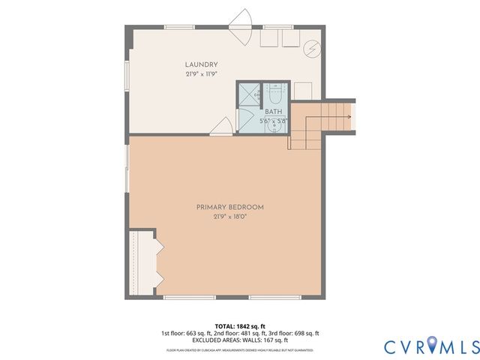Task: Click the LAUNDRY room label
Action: pos(202,64)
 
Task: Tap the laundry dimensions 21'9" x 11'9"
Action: pos(202,74)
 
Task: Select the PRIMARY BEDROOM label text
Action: pos(230,207)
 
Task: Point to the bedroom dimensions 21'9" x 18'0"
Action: pos(230,216)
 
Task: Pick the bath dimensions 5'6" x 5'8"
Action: pos(273,120)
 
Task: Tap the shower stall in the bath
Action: pos(248,94)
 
